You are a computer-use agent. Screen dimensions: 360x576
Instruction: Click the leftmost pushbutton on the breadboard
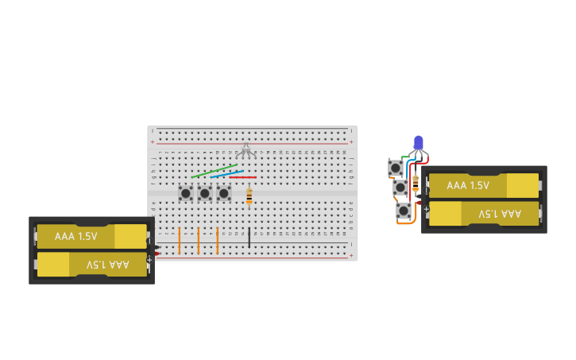pos(186,193)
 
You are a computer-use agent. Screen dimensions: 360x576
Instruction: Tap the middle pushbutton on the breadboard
pos(205,193)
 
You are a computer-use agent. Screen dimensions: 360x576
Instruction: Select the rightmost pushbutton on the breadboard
pos(224,193)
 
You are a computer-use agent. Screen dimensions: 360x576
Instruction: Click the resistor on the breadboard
pos(249,195)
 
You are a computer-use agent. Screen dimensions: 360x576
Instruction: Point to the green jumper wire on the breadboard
pos(213,171)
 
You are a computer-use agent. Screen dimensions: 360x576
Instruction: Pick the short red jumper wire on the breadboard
pos(243,177)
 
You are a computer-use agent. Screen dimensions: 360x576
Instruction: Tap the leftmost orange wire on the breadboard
pos(180,239)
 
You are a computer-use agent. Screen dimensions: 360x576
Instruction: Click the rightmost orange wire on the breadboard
pos(217,239)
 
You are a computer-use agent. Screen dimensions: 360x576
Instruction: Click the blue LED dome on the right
pos(418,142)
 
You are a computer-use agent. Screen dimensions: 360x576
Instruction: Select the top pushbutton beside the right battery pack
pos(395,168)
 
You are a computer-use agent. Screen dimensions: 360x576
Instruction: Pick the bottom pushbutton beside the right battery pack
pos(404,211)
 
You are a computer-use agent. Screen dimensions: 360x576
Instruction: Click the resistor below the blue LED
pos(415,184)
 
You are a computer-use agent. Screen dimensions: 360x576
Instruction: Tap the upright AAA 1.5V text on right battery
pos(468,185)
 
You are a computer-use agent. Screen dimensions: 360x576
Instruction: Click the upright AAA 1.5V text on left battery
pos(76,236)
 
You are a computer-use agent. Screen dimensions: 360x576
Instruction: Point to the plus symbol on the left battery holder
pos(149,259)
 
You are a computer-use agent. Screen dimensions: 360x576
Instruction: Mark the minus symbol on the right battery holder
pos(427,191)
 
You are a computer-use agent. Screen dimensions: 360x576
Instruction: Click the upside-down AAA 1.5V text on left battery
pos(107,264)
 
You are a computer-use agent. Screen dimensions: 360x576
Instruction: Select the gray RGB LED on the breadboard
pos(245,149)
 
